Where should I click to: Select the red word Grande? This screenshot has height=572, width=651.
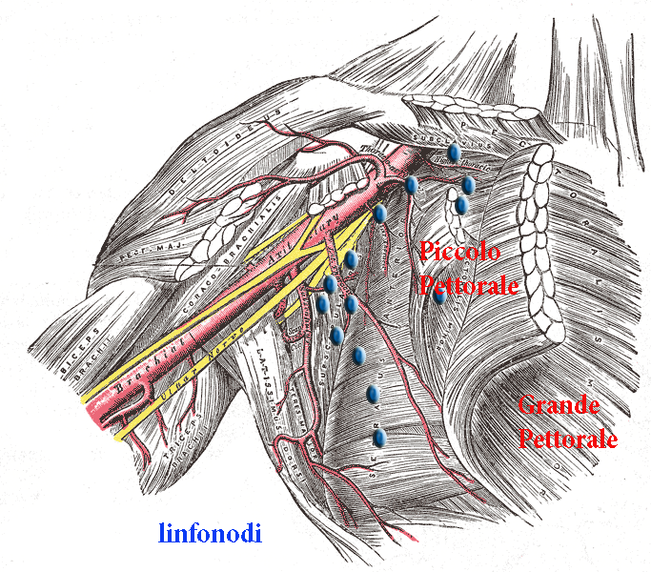pos(559,406)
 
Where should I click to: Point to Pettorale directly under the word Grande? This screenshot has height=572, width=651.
pos(567,439)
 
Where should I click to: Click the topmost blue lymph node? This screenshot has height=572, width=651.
pos(455,152)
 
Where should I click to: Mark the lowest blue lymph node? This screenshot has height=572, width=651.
pos(379,438)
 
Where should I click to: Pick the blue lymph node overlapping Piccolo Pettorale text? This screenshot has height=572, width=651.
pos(438,296)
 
